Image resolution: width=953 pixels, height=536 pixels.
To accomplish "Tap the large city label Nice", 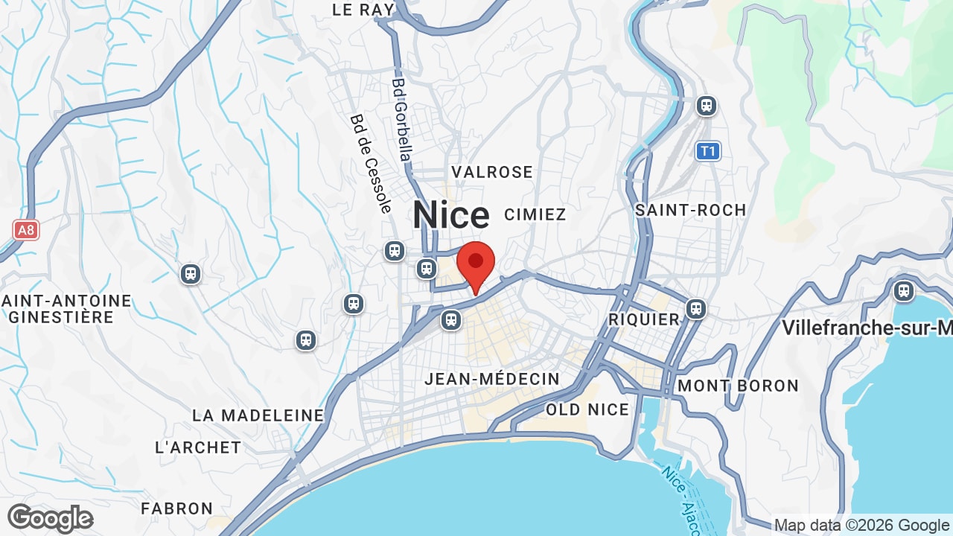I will pos(451,215).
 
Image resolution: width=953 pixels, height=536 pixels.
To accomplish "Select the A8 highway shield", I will pos(26,229).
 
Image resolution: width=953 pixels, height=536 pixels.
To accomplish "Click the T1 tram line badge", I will pos(708,152).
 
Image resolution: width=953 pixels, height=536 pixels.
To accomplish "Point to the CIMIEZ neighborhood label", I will pos(535,214).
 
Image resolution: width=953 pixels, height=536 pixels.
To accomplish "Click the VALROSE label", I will pos(492,172).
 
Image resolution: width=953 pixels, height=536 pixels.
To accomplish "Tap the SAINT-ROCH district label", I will pos(690,210).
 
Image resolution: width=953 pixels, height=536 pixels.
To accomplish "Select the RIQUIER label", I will pos(644,319).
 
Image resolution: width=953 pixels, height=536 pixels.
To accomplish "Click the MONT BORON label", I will pos(738,386).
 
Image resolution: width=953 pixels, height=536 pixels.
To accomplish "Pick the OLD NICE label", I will pos(587,409).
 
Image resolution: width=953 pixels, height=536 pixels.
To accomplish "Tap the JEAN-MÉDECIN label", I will pos(492,379).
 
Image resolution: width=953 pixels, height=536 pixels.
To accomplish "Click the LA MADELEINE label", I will pos(258,415).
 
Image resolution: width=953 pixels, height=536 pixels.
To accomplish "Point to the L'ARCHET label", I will pos(198,447).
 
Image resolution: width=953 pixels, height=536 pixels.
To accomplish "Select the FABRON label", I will pos(177,508).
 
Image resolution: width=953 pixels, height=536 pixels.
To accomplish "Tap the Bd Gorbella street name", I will pos(401,120).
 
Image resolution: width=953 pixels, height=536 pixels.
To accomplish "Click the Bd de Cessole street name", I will pos(371,164).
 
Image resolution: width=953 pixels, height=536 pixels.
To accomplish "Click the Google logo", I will pos(50,518).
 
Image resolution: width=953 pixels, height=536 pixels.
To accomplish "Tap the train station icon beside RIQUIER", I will pos(696,307).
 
